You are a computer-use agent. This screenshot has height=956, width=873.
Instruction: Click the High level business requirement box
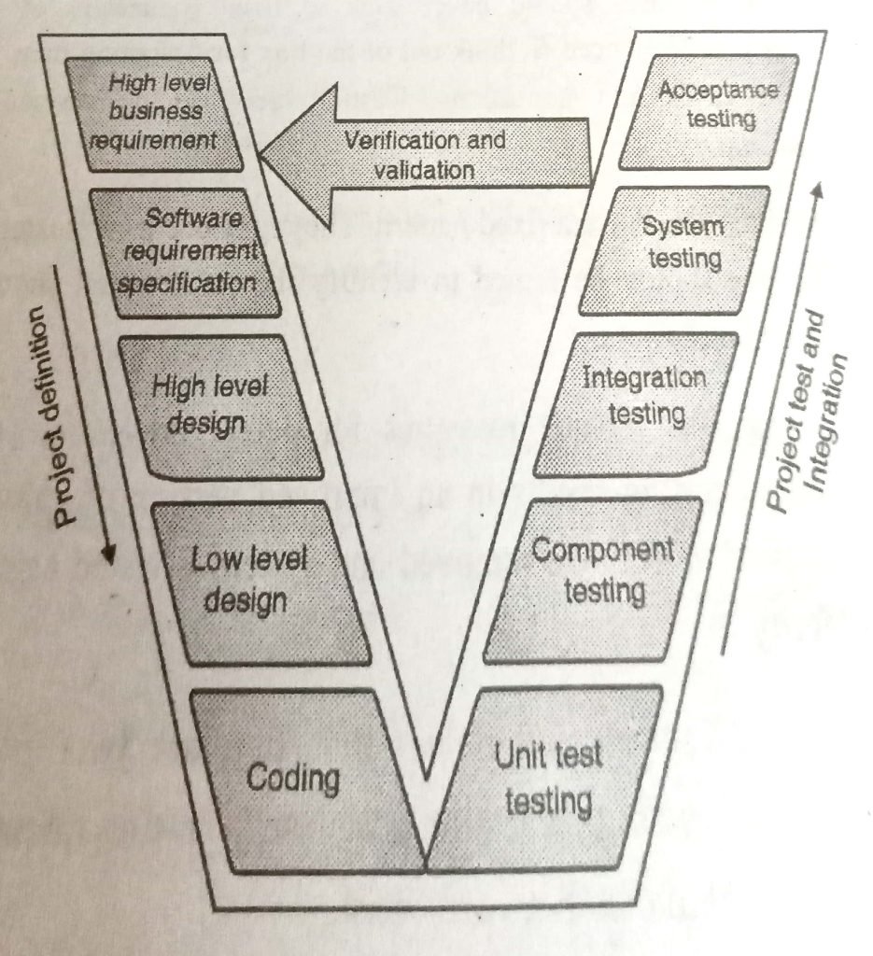[x=155, y=114]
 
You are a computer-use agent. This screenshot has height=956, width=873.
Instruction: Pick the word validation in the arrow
[x=425, y=171]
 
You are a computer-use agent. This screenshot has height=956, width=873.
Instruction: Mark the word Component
[x=603, y=551]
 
